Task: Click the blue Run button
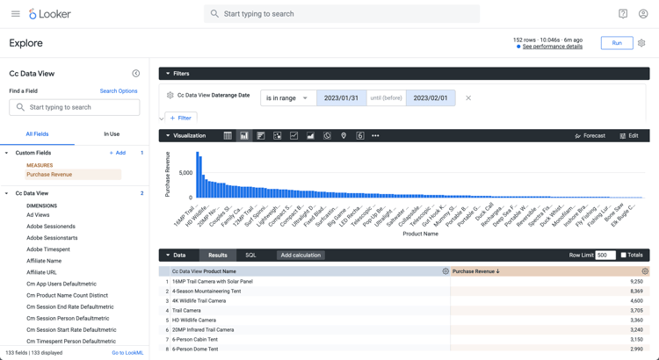[616, 43]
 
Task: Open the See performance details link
[552, 47]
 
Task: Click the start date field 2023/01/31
[341, 98]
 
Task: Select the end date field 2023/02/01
[430, 98]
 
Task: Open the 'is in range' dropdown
[287, 98]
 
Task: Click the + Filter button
[181, 118]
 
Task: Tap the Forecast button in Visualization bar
[590, 136]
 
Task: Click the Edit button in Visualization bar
[629, 136]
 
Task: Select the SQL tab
[250, 256]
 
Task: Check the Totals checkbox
[624, 256]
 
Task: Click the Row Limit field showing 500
[605, 256]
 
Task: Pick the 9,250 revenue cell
[636, 282]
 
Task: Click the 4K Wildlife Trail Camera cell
[199, 301]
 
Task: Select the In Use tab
[112, 134]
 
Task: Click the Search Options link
[119, 91]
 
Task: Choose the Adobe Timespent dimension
[48, 249]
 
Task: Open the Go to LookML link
[127, 353]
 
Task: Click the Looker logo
[50, 14]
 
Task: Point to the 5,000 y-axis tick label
[185, 173]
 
